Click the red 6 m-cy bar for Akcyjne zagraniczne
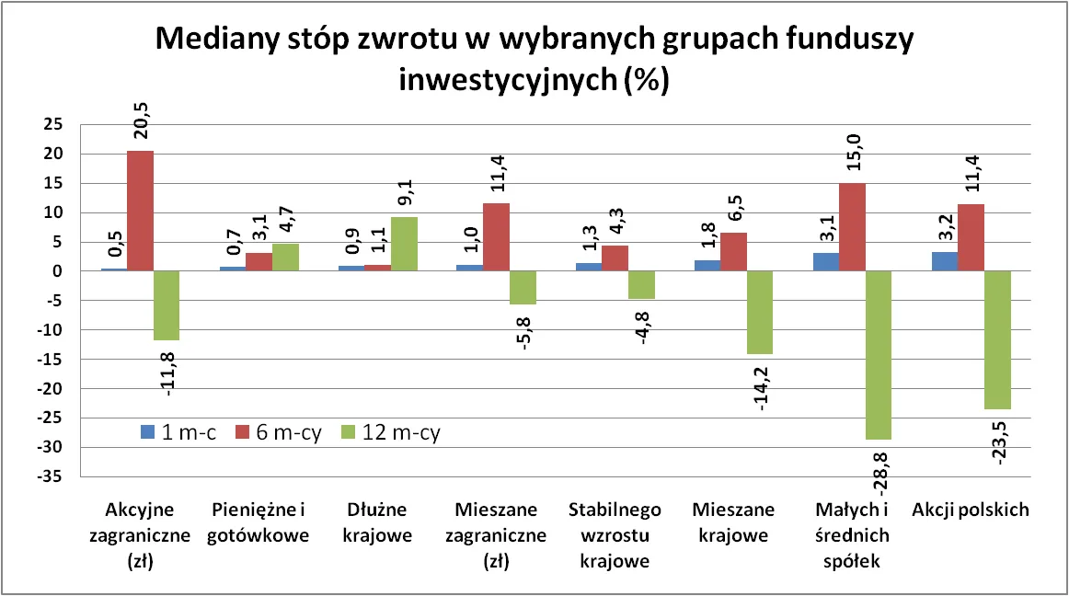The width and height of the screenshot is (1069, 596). point(141,211)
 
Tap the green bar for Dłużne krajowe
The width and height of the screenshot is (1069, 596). point(404,244)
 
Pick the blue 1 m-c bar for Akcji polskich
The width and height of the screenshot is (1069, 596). point(945,261)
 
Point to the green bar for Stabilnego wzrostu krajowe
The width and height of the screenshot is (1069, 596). point(641,285)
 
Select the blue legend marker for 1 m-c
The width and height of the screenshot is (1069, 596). point(145,431)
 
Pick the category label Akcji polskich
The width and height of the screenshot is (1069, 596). point(971,510)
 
